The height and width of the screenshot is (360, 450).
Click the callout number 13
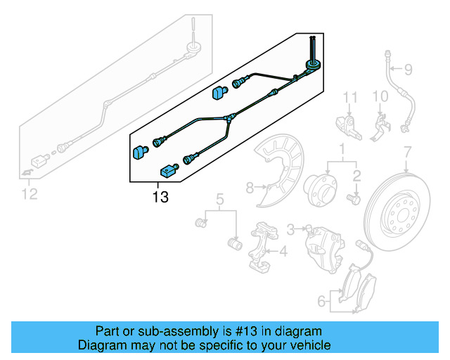click(x=160, y=198)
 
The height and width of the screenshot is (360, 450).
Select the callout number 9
click(x=408, y=69)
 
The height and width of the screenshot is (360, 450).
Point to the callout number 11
click(x=351, y=96)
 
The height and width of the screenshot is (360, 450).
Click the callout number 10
click(x=380, y=96)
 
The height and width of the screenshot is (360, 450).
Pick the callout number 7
click(x=406, y=151)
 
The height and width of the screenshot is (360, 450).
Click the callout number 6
click(x=321, y=302)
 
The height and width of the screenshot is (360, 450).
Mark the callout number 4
click(x=283, y=250)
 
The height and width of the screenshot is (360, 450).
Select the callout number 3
click(x=290, y=229)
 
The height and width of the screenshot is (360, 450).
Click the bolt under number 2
click(x=355, y=200)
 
